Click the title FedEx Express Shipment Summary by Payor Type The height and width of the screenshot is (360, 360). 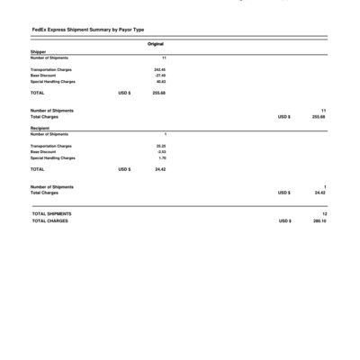86,31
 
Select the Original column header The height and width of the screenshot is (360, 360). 155,44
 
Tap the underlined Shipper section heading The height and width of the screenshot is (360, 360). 38,52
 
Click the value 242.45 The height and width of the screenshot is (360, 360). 160,68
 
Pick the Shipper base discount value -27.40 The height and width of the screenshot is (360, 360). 160,75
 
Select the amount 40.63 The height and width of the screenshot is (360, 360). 161,81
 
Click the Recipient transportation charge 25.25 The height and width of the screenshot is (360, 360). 161,145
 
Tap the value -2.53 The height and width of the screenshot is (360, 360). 161,151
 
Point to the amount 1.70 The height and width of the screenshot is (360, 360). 162,157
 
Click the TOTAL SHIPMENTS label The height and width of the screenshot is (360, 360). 51,213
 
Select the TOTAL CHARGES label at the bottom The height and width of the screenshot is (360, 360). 49,220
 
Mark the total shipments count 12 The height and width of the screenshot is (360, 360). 324,213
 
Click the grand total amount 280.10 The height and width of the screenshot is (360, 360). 319,220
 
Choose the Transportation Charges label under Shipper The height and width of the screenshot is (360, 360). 51,68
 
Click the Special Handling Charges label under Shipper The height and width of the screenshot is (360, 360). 53,81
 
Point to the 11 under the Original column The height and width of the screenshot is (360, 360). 164,58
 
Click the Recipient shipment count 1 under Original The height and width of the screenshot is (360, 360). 165,134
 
